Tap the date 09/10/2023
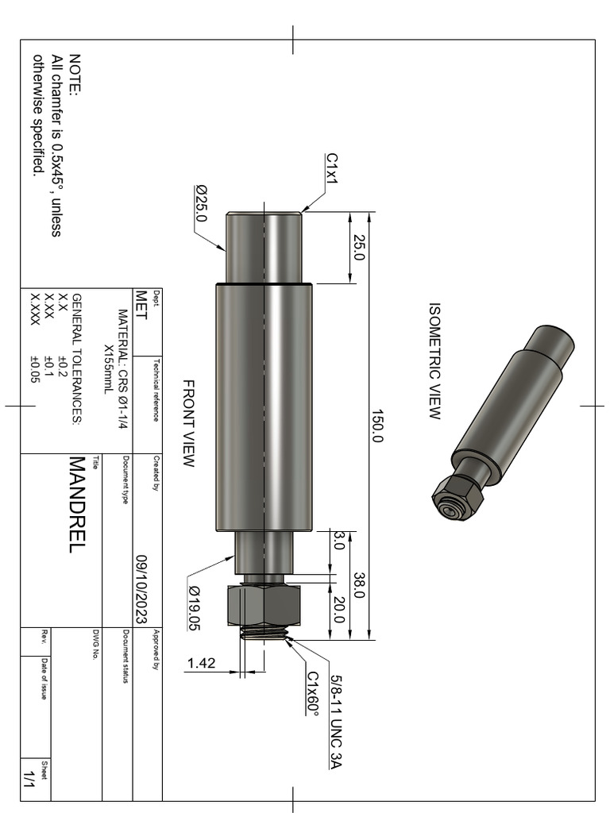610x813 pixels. [x=144, y=588]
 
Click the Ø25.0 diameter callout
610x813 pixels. [x=200, y=204]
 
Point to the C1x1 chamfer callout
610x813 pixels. [x=331, y=169]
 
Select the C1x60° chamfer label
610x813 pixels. [x=313, y=693]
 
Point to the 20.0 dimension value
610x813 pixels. [x=339, y=611]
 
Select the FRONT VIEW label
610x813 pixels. [x=188, y=423]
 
